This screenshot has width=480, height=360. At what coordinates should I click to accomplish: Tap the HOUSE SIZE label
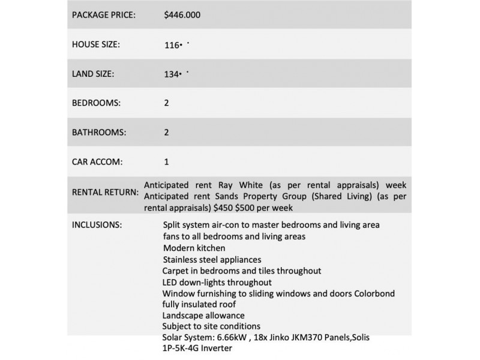click(x=96, y=45)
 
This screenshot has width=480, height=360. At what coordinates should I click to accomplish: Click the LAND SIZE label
click(x=94, y=74)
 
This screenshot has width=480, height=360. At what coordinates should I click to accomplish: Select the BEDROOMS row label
click(x=96, y=103)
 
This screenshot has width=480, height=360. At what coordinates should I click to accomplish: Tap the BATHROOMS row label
click(x=99, y=132)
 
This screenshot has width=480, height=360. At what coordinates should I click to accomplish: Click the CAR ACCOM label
click(x=96, y=161)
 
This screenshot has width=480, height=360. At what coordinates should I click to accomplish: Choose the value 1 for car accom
click(x=166, y=161)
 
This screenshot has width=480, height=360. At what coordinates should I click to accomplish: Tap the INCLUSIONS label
click(x=97, y=225)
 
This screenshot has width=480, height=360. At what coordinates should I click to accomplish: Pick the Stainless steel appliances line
click(x=212, y=259)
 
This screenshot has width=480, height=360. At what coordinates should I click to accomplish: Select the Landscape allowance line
click(x=203, y=316)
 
